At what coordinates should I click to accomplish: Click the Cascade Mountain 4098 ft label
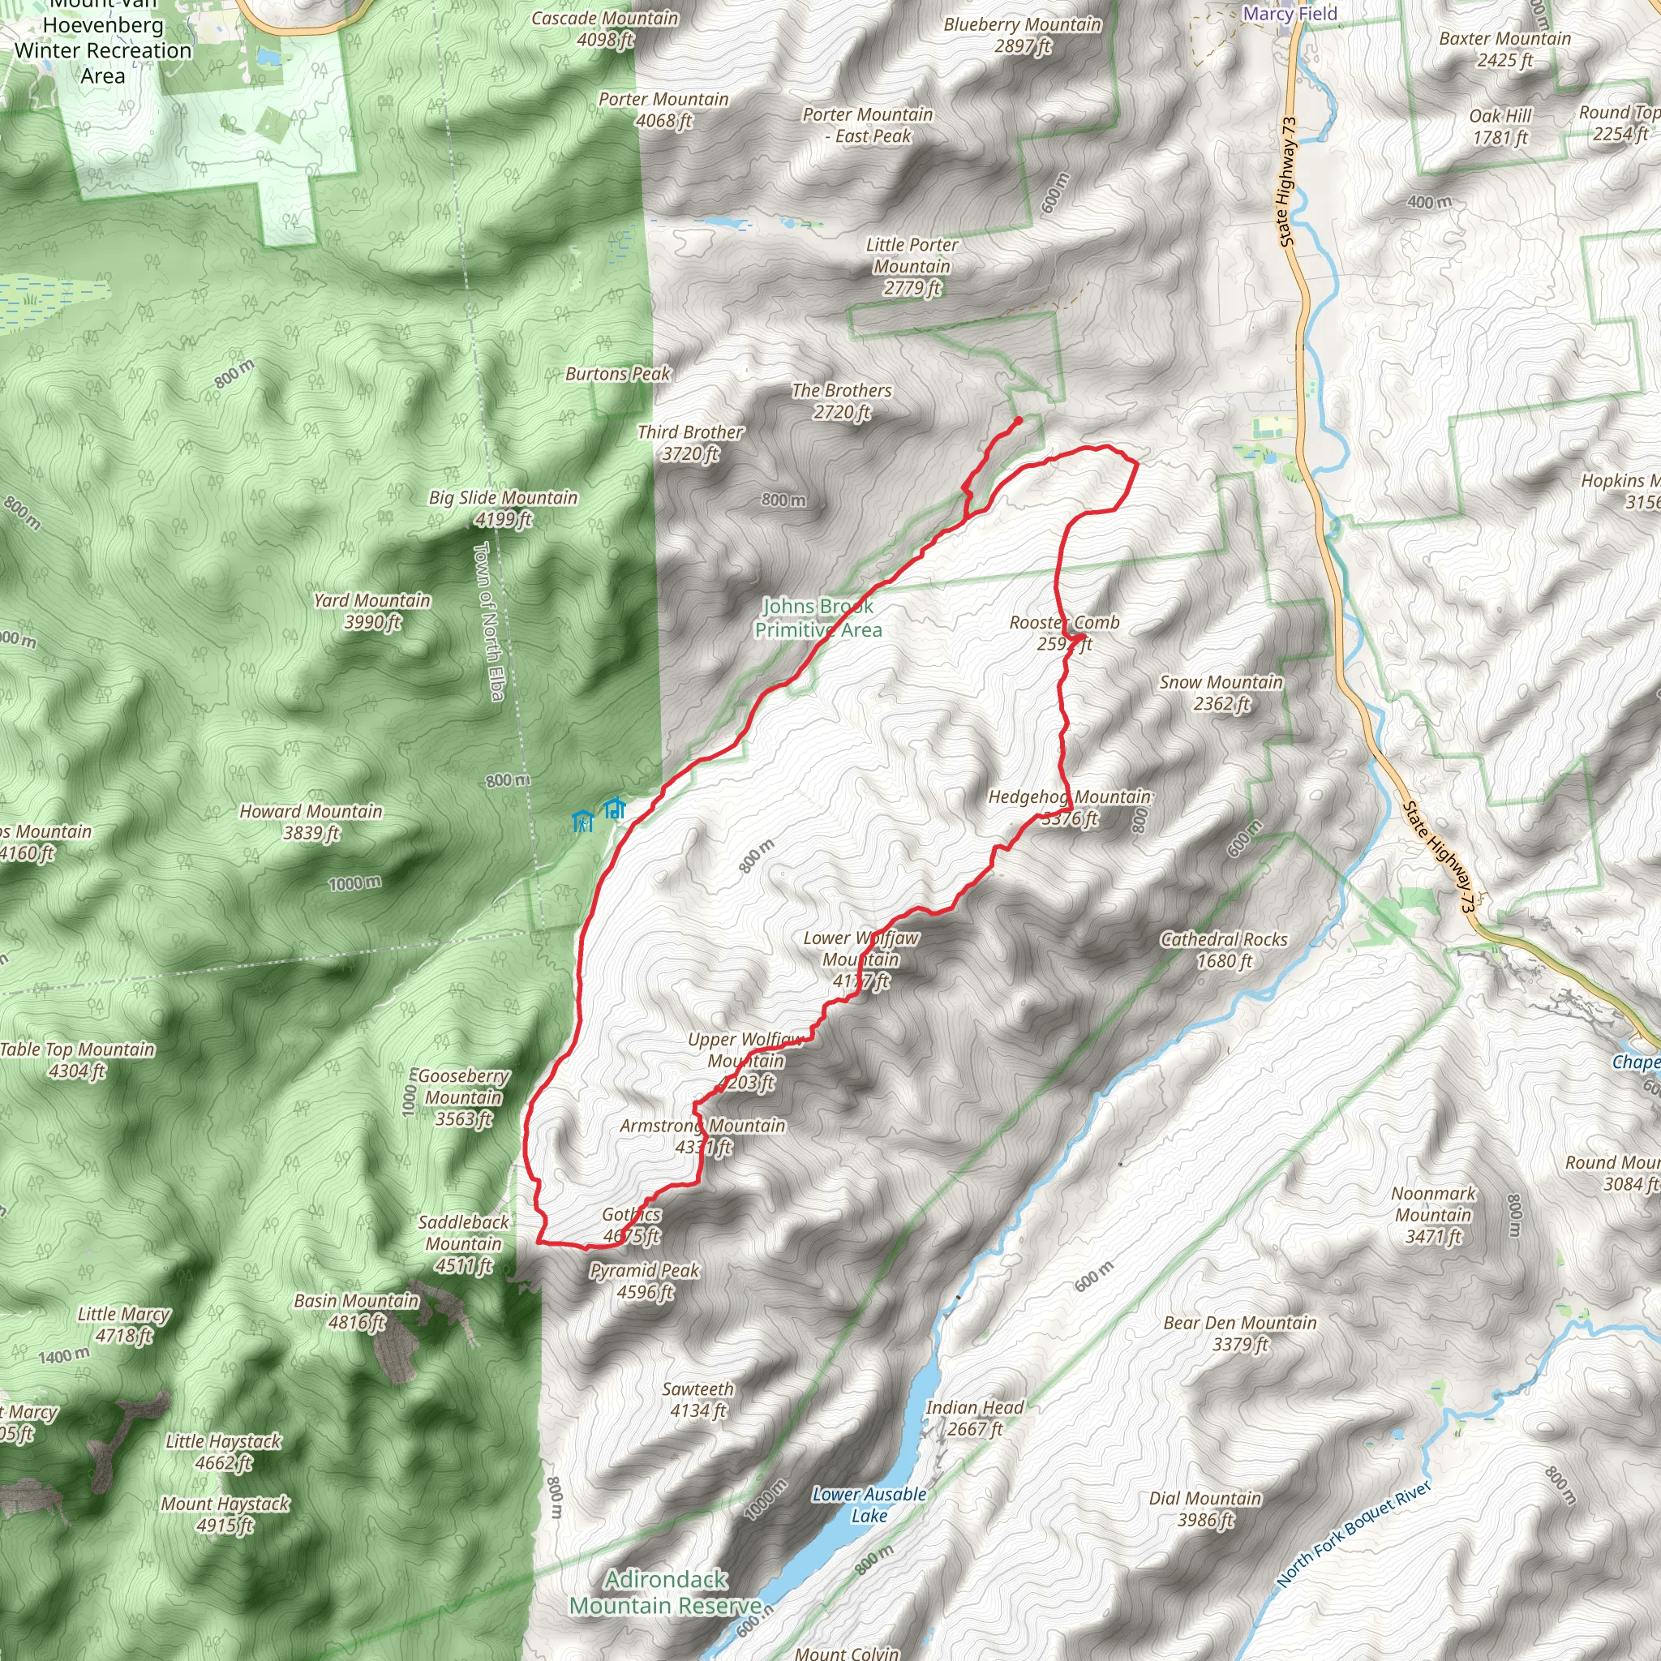click(x=604, y=29)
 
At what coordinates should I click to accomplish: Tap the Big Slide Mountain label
click(x=504, y=508)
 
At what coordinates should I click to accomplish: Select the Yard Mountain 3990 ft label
click(x=371, y=612)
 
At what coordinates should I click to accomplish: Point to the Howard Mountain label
click(x=311, y=822)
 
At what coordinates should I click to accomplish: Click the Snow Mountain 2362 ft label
click(x=1221, y=693)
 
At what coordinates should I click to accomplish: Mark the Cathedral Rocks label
click(x=1224, y=950)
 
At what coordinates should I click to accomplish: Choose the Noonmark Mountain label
click(x=1433, y=1215)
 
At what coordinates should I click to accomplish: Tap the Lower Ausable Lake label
click(x=869, y=1504)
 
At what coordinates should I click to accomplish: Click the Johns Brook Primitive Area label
click(x=818, y=618)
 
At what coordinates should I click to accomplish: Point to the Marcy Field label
click(x=1290, y=14)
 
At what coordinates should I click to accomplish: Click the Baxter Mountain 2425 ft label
click(x=1505, y=49)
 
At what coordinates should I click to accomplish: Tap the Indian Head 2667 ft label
click(x=975, y=1418)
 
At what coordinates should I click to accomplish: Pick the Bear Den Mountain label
click(x=1240, y=1333)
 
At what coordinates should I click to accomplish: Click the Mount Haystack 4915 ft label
click(x=225, y=1515)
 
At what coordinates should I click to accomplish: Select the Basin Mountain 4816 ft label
click(x=356, y=1312)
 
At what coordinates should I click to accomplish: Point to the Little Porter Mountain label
click(x=912, y=267)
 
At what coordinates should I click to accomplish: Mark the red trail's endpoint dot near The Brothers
click(x=1019, y=420)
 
